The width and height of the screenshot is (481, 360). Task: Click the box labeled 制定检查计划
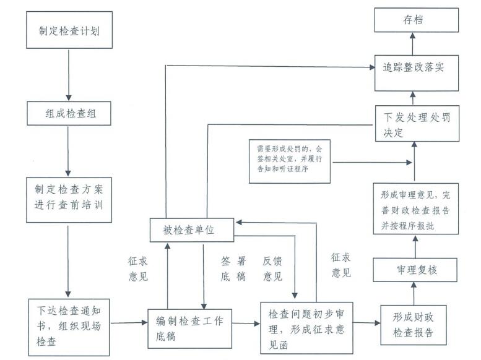pyautogui.click(x=69, y=30)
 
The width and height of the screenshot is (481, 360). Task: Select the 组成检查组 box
pyautogui.click(x=69, y=113)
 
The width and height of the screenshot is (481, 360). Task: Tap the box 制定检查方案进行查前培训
pyautogui.click(x=69, y=201)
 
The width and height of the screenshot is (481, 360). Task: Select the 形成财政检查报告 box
pyautogui.click(x=413, y=325)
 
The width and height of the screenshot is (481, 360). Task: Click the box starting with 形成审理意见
pyautogui.click(x=415, y=210)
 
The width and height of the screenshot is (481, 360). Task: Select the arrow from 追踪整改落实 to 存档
pyautogui.click(x=413, y=44)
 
